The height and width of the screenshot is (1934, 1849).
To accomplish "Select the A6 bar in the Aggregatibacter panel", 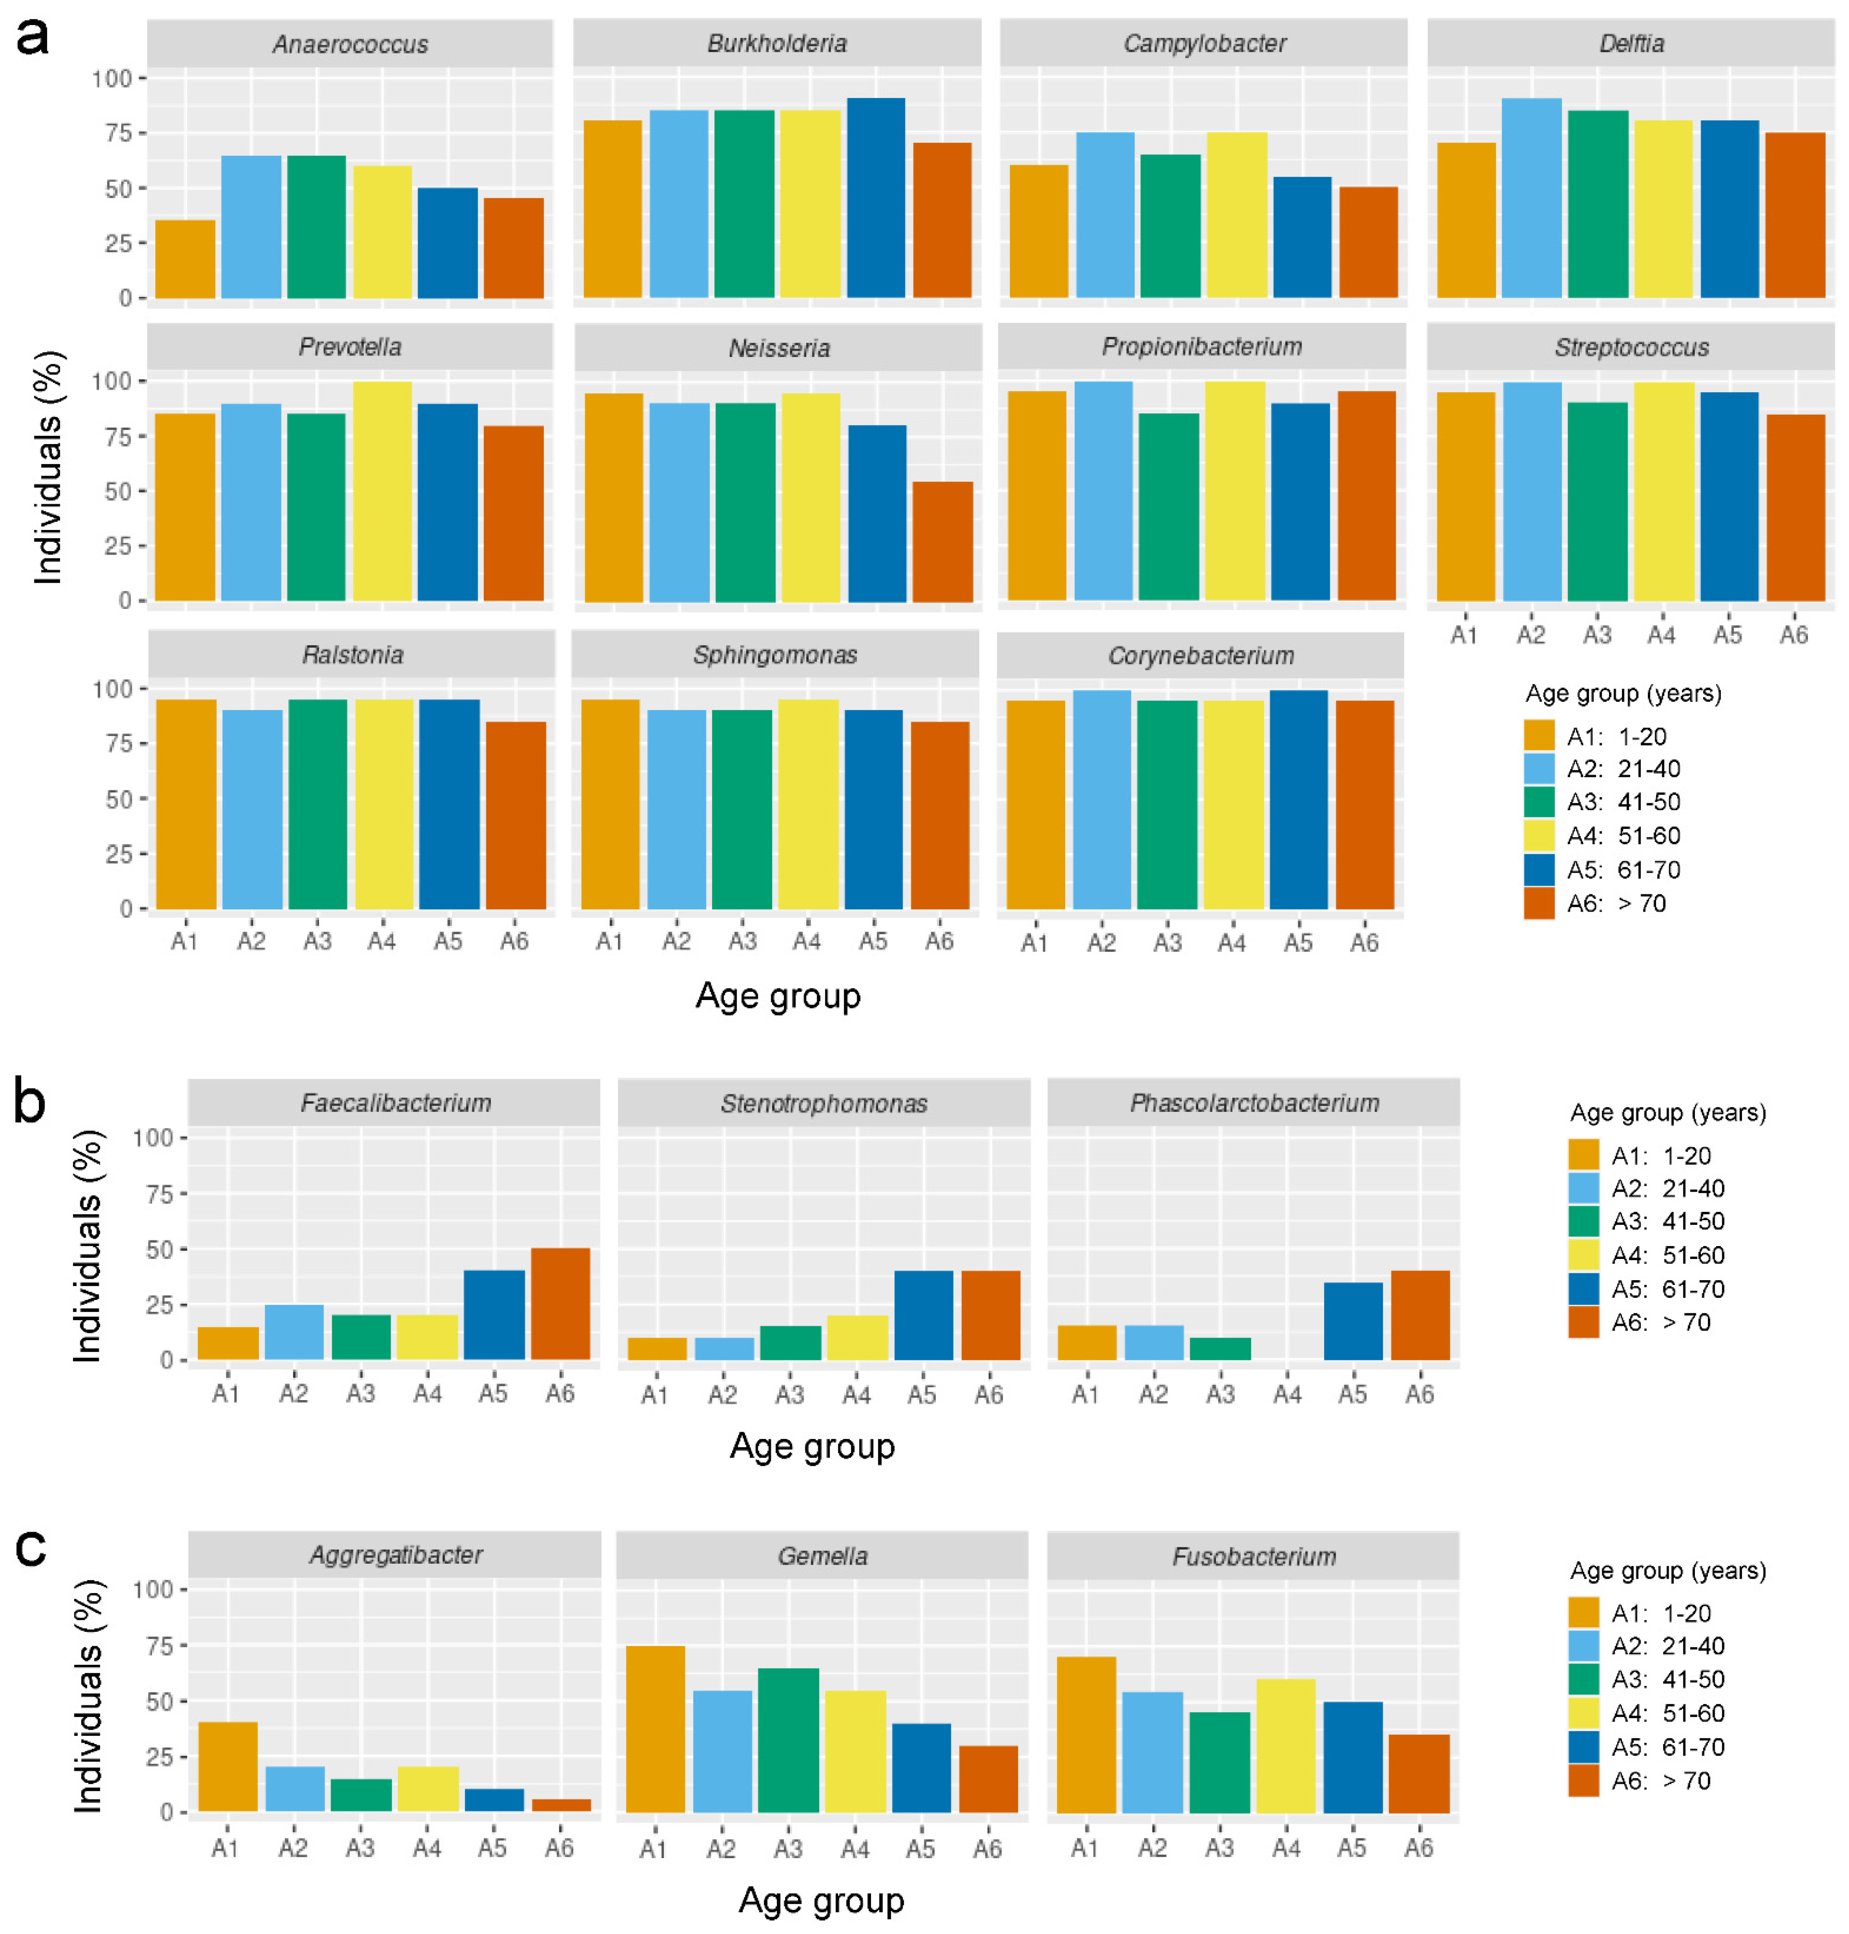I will pos(561,1805).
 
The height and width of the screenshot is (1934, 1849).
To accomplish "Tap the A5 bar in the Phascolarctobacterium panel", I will pos(1352,1321).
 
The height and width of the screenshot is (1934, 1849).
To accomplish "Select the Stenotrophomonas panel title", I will pos(824,1103).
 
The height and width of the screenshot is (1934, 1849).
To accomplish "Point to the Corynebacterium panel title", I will pos(1200,656).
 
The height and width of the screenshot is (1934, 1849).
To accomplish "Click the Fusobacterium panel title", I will pos(1254,1556).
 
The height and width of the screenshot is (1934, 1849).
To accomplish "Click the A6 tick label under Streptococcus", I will pos(1794,635).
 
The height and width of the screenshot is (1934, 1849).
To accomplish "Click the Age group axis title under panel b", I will pos(812,1446).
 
